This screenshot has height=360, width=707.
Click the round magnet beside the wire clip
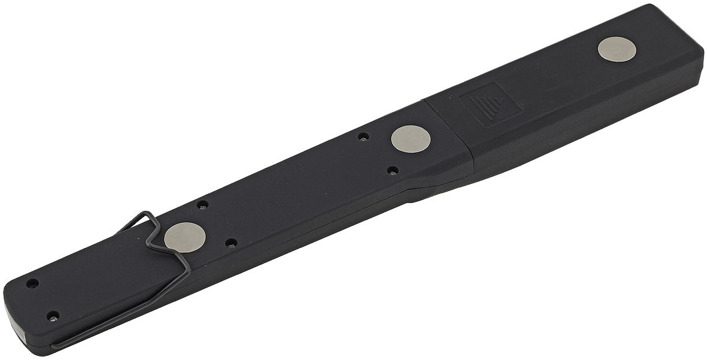(x=184, y=237)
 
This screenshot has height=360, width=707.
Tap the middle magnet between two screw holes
(x=411, y=140)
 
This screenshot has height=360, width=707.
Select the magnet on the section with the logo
(x=617, y=49)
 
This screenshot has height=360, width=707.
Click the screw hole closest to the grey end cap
(x=53, y=315)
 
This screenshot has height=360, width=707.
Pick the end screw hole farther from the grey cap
(x=32, y=283)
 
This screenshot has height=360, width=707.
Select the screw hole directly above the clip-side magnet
(x=203, y=204)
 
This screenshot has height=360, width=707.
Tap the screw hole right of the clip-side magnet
(x=231, y=243)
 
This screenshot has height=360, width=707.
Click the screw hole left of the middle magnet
(x=363, y=137)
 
